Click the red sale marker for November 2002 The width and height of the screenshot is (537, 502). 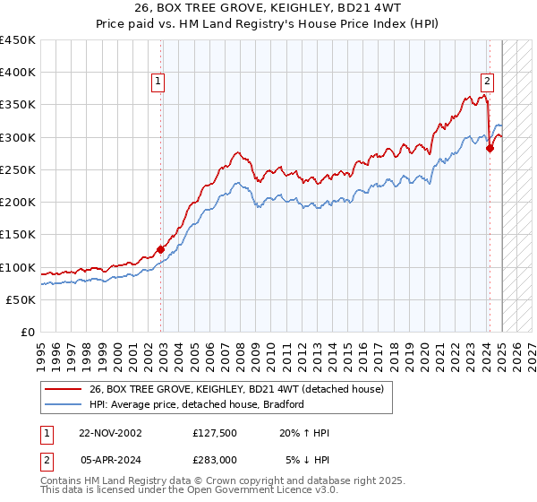click(x=161, y=249)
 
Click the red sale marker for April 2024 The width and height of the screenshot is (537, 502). click(x=490, y=149)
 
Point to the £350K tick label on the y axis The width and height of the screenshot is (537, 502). click(x=18, y=105)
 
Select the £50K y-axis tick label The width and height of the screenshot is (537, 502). click(x=21, y=299)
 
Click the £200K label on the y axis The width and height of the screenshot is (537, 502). click(x=18, y=203)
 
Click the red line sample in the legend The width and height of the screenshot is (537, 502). click(x=64, y=389)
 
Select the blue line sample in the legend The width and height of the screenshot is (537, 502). click(x=64, y=404)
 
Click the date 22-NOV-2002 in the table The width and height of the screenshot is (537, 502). click(x=110, y=433)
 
